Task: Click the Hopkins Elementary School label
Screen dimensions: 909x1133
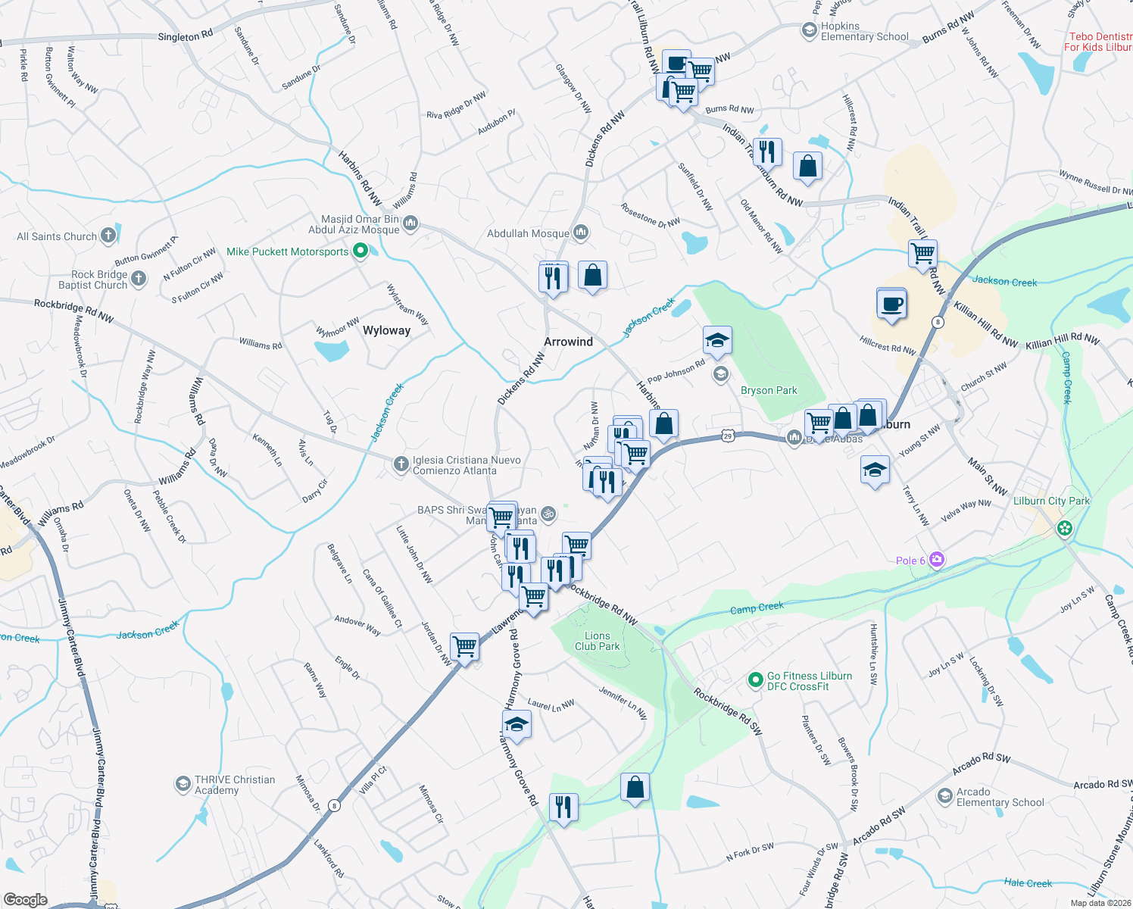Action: (864, 31)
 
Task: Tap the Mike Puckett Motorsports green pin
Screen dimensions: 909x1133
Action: (360, 251)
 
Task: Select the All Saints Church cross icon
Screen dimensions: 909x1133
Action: (108, 236)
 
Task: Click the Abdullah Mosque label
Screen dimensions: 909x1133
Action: (528, 233)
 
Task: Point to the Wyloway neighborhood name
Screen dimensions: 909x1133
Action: (386, 330)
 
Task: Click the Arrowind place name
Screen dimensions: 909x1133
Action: (568, 342)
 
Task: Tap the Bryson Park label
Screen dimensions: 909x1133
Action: (769, 390)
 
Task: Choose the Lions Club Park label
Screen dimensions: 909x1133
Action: (597, 641)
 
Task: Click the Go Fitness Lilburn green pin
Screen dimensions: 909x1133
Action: (755, 680)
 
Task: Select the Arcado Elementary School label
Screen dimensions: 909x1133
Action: (1000, 797)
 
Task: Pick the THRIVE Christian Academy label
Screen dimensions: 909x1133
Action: (235, 785)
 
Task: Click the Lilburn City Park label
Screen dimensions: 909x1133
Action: (1051, 501)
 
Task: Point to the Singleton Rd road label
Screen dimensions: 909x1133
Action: (186, 36)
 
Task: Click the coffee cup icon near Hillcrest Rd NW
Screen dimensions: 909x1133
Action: (891, 305)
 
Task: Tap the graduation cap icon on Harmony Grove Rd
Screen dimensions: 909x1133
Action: (517, 725)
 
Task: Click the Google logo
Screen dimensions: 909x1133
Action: (26, 899)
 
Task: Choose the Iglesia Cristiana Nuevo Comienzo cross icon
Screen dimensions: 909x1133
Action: (401, 464)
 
